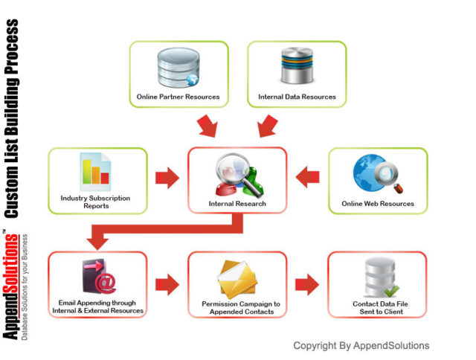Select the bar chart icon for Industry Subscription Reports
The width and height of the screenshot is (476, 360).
(x=96, y=170)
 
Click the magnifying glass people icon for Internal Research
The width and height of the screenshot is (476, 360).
(x=237, y=173)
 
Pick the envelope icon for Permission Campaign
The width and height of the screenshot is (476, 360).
(x=237, y=278)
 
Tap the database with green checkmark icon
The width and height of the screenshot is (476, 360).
(x=379, y=278)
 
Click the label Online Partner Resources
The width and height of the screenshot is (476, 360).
(x=178, y=97)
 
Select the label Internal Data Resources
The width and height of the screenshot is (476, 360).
(x=297, y=97)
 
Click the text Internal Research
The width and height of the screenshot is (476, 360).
(x=237, y=203)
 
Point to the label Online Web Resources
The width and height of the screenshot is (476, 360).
(x=378, y=203)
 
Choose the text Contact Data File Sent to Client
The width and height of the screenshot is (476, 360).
(x=379, y=307)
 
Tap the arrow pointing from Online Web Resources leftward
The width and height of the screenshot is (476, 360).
(x=307, y=178)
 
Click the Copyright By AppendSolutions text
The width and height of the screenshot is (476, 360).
(x=361, y=345)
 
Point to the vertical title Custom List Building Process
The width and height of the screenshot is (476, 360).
(x=13, y=119)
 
